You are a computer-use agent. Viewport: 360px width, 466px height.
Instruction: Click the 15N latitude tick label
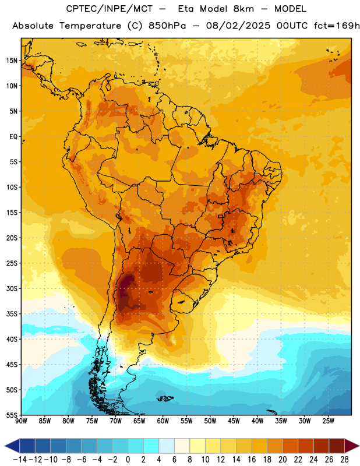(x=12, y=61)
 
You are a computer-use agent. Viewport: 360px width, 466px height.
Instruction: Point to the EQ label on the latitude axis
(x=13, y=137)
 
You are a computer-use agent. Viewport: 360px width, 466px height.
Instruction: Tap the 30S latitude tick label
(x=12, y=288)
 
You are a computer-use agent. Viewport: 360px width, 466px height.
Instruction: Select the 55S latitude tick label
(x=12, y=415)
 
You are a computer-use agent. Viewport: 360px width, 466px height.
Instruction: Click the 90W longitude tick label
(x=21, y=421)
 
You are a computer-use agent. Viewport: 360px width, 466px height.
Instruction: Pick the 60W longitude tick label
(x=163, y=421)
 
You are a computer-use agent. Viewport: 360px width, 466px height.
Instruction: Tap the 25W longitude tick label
(x=328, y=421)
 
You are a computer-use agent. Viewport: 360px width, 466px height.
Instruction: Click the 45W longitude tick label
(x=234, y=421)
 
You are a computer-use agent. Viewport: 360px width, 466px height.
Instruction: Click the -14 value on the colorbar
(x=20, y=460)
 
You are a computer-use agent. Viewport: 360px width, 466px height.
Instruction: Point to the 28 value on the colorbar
(x=344, y=460)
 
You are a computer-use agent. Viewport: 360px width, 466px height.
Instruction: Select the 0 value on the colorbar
(x=128, y=460)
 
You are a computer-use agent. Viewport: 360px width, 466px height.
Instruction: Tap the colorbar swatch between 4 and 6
(x=167, y=446)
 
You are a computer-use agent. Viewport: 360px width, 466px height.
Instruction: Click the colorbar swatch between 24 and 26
(x=321, y=446)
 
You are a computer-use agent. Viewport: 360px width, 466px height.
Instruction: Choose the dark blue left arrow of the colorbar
(x=12, y=446)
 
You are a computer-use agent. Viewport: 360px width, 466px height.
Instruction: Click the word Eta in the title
(x=185, y=9)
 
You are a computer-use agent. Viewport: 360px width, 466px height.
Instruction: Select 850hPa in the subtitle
(x=167, y=26)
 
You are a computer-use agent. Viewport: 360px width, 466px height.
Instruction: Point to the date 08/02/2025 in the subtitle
(x=238, y=26)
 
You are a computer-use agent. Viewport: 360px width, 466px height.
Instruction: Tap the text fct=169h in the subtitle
(x=337, y=26)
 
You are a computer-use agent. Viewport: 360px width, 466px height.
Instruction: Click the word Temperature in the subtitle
(x=90, y=26)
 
